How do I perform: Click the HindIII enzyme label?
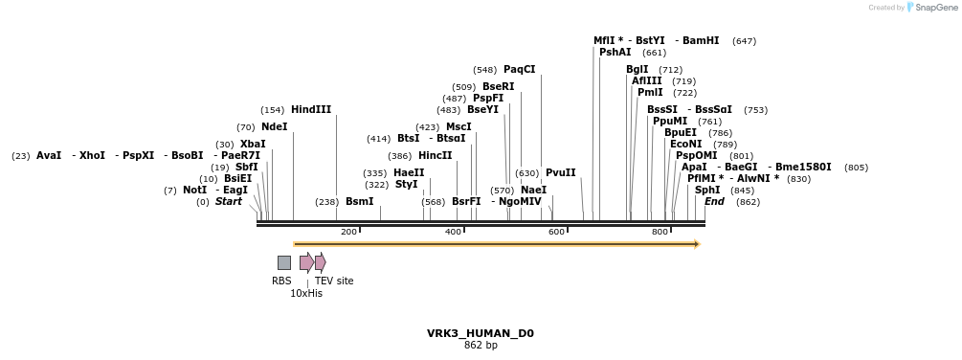tap(311, 110)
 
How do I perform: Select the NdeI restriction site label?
tap(274, 127)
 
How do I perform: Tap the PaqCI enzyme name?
tap(520, 70)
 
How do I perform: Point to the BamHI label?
tap(701, 41)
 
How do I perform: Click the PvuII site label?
tap(561, 173)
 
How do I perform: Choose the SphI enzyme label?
tap(707, 191)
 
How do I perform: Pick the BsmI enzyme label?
tap(359, 202)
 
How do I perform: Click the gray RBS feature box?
tap(284, 262)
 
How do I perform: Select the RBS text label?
tap(281, 281)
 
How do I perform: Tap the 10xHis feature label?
tap(306, 294)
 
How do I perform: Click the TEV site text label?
tap(334, 281)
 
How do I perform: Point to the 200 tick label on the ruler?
tap(348, 233)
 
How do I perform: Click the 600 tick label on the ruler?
tap(556, 233)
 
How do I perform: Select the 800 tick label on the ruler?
tap(660, 233)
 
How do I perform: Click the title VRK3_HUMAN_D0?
tap(481, 334)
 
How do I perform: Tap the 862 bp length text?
tap(481, 346)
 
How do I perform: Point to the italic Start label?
tap(229, 202)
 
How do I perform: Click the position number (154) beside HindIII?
tap(273, 111)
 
